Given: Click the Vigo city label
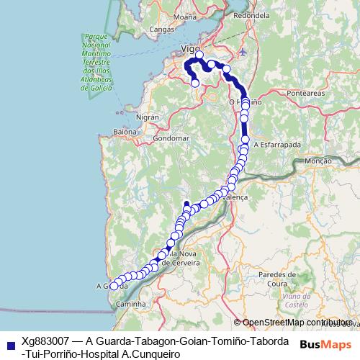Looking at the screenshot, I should (190, 48).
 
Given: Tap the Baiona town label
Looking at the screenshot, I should (125, 132).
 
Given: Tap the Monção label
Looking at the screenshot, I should (318, 161).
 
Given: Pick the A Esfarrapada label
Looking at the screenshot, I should (277, 144).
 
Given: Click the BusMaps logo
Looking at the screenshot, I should (326, 345).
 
